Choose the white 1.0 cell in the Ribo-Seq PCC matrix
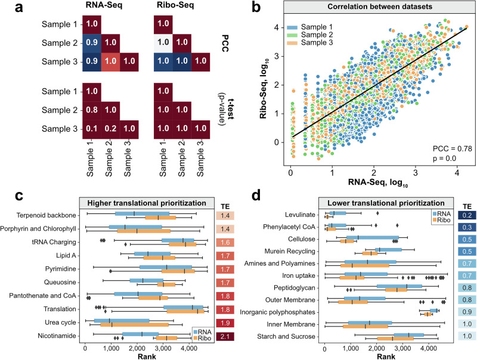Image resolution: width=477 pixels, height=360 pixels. [x=162, y=45]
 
